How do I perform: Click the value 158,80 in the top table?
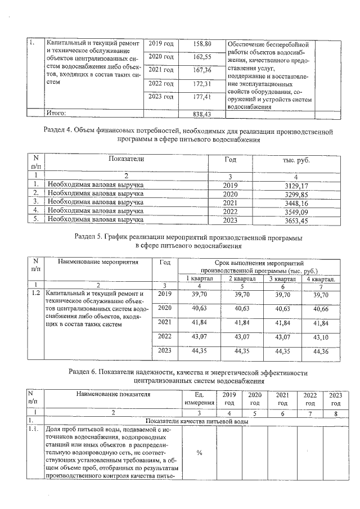tap(201, 44)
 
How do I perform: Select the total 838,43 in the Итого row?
tap(201, 114)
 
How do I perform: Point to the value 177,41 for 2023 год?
tap(201, 97)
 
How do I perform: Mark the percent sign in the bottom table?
tap(200, 454)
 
